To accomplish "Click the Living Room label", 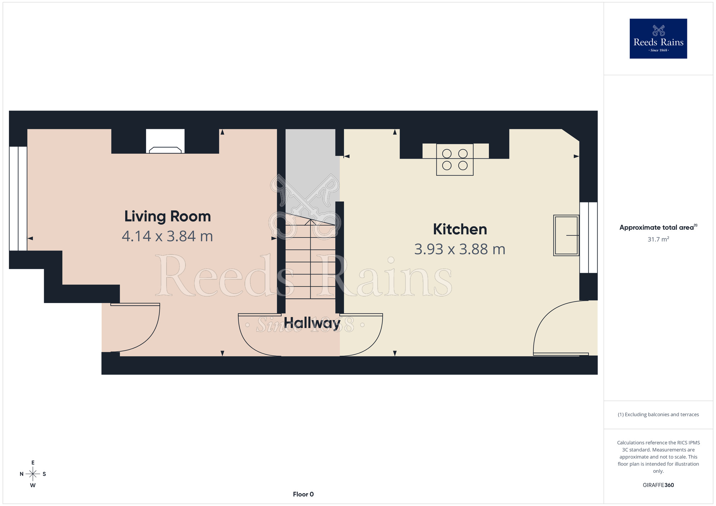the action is click(x=168, y=217).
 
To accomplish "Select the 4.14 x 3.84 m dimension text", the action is click(x=168, y=236).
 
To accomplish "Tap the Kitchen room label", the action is click(x=460, y=229).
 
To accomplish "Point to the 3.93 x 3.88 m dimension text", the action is click(x=460, y=249).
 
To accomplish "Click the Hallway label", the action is click(x=312, y=323).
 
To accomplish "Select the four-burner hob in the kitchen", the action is click(x=455, y=160).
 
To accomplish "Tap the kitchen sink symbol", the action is click(x=566, y=235).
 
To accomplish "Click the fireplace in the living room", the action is click(x=165, y=141).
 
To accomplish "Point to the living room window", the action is click(x=18, y=199).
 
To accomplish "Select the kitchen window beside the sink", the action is click(x=589, y=238).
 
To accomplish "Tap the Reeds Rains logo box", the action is click(x=658, y=39).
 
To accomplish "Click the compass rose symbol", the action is click(x=33, y=474).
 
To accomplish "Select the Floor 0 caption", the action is click(x=303, y=494).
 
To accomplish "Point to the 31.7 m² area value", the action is click(x=658, y=239).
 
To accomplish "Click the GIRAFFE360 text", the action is click(x=658, y=485).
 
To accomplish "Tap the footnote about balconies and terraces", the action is click(x=658, y=414).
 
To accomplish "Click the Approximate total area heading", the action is click(x=658, y=227).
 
